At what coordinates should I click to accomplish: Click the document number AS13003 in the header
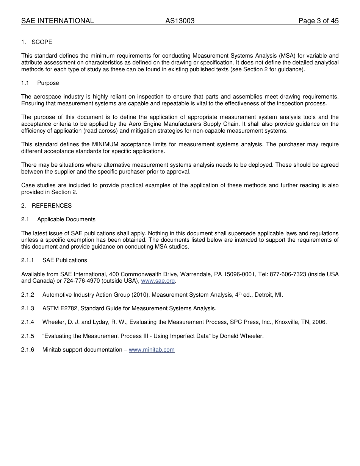point(180,21)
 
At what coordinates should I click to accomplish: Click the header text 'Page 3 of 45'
point(318,21)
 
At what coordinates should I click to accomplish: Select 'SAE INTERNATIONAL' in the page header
point(57,21)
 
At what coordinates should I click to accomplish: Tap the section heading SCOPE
point(42,42)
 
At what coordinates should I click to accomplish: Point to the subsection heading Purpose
point(48,83)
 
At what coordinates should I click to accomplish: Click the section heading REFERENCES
point(52,206)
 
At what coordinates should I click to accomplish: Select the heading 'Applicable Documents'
point(66,219)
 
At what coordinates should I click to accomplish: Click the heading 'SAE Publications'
point(65,260)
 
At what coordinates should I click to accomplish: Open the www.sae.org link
point(158,281)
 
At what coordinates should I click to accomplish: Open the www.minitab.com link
point(152,350)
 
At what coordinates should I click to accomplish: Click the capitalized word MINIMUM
point(105,144)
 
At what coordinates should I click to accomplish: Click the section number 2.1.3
point(28,308)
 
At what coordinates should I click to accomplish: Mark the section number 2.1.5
point(28,336)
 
